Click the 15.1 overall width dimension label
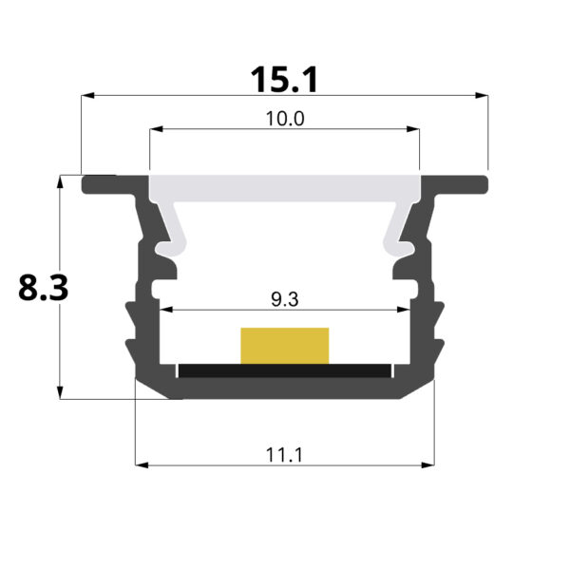pyautogui.click(x=285, y=80)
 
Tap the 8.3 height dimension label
pyautogui.click(x=43, y=286)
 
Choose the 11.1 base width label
pyautogui.click(x=285, y=454)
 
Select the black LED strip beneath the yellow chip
pyautogui.click(x=285, y=369)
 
